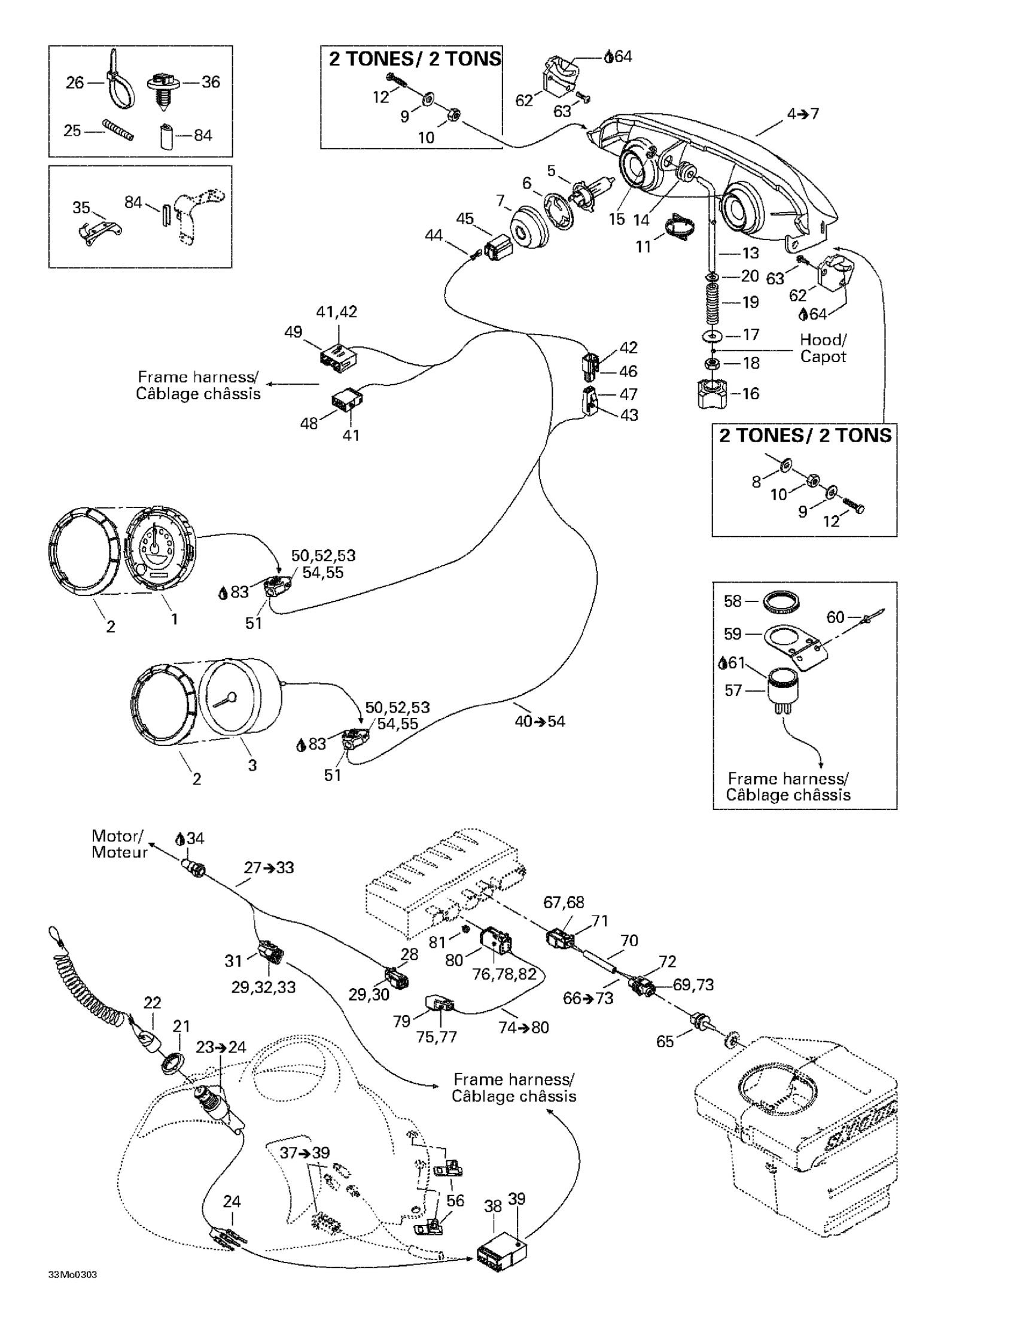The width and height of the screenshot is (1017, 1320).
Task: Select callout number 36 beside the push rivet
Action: (211, 82)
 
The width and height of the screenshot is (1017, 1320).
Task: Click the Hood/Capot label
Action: (823, 348)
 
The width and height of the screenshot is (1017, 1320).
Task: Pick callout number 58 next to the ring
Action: (732, 601)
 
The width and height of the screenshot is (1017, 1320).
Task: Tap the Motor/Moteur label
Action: (119, 844)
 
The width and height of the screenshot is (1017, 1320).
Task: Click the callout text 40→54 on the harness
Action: (540, 721)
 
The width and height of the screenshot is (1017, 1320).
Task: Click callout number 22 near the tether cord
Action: (153, 1003)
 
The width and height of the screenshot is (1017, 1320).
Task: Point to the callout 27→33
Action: (269, 868)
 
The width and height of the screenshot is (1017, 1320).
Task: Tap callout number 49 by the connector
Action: (293, 333)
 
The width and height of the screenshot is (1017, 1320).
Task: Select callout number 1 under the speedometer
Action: (175, 619)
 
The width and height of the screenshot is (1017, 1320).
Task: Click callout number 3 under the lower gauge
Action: (252, 765)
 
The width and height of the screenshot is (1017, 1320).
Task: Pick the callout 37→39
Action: (305, 1152)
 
